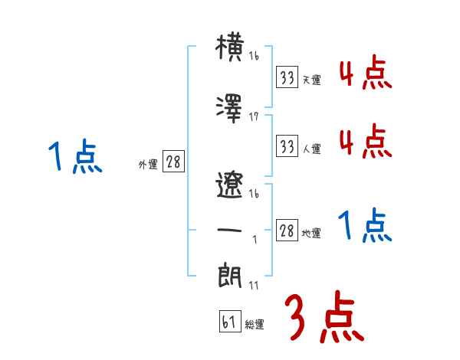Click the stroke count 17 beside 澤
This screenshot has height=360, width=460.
tap(254, 116)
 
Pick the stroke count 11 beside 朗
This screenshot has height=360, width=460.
tap(254, 286)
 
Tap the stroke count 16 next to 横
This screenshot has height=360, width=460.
tap(254, 57)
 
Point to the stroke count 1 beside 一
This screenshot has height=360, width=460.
tap(254, 240)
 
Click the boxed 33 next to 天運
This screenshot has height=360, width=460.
tap(287, 77)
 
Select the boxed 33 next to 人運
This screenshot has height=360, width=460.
tap(287, 146)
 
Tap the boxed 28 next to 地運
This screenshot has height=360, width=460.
tap(287, 231)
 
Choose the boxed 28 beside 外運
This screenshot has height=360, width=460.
tap(173, 162)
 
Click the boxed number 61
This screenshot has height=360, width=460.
tap(228, 322)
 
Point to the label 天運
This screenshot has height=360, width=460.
tap(312, 80)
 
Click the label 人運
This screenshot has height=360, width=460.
tap(312, 149)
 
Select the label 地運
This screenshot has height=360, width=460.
tap(312, 233)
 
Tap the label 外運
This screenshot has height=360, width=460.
tap(147, 164)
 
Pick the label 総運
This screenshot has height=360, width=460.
tap(255, 324)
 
